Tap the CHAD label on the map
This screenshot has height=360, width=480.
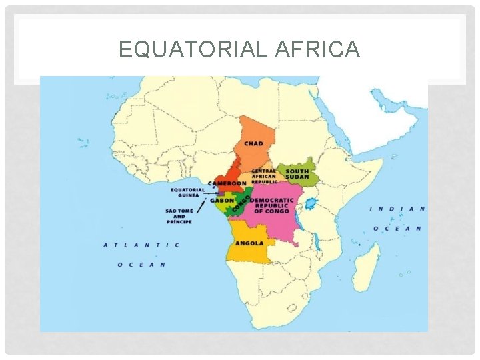(x=253, y=143)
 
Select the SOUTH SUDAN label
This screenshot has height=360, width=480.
(x=297, y=174)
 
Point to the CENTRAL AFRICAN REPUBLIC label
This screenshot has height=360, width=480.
(x=264, y=176)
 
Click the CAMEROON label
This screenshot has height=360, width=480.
(x=227, y=183)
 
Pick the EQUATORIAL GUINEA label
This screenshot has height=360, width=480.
(x=187, y=192)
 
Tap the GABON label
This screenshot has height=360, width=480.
(x=222, y=200)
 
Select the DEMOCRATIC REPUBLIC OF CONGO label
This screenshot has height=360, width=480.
(x=271, y=206)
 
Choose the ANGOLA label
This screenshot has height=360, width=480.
(x=249, y=243)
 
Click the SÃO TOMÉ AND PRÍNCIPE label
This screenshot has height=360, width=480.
(x=179, y=217)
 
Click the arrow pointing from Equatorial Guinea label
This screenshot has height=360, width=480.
(x=213, y=193)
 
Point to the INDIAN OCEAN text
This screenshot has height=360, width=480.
(x=397, y=218)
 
